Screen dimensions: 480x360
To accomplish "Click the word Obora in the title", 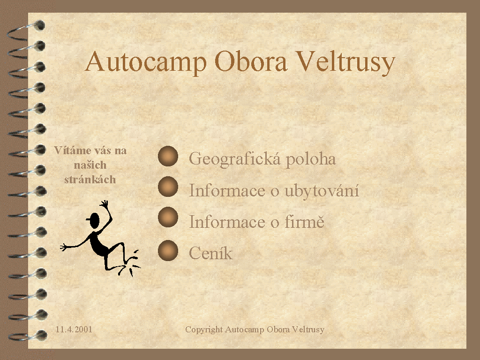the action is tap(251, 61).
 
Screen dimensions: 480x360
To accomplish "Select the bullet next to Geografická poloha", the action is tap(168, 156).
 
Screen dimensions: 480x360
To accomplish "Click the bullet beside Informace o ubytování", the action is tap(168, 187).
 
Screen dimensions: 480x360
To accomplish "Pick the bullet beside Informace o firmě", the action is tap(168, 217).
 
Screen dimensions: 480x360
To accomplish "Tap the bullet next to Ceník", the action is tap(168, 250).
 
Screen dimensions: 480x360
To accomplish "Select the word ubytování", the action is tap(322, 191).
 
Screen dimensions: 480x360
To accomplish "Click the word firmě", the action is tap(304, 221).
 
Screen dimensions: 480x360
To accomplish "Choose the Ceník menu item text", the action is tap(210, 253).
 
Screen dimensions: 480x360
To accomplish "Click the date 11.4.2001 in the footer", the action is tap(74, 330).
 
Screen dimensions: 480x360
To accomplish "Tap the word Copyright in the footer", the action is tap(204, 330).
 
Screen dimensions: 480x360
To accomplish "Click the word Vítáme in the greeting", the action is tap(73, 150).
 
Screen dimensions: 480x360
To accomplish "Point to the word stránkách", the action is tap(90, 180).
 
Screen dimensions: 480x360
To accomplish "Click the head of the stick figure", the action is tap(94, 220).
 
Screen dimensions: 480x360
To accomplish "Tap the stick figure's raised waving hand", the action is tap(105, 204).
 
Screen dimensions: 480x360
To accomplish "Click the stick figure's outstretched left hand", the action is tap(64, 247).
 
